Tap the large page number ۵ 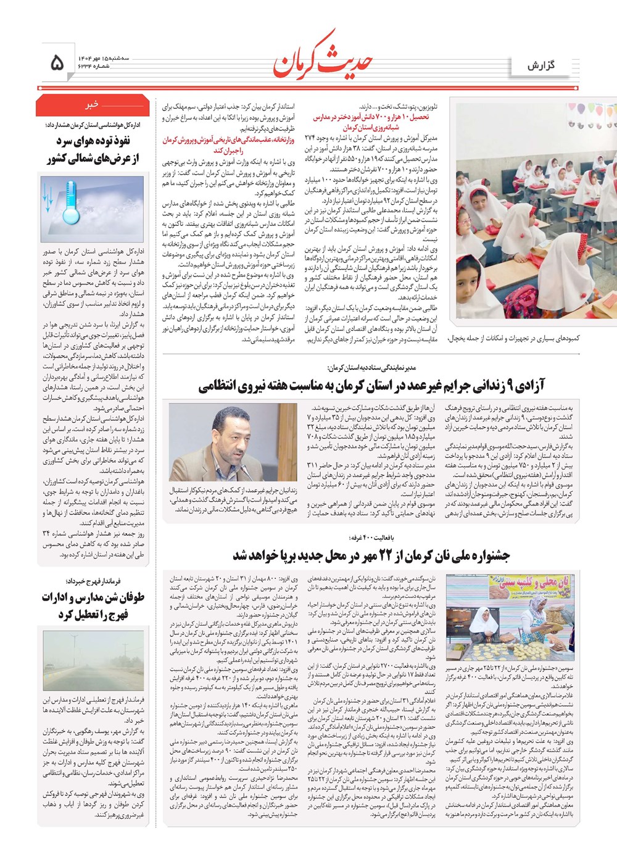pyautogui.click(x=57, y=62)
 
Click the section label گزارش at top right pyautogui.click(x=541, y=65)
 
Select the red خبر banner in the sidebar pyautogui.click(x=91, y=105)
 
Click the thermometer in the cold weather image pyautogui.click(x=70, y=204)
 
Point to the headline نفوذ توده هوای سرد pyautogui.click(x=93, y=149)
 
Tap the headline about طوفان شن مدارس pyautogui.click(x=93, y=606)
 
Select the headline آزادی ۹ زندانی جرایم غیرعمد pyautogui.click(x=371, y=387)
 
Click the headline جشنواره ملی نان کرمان pyautogui.click(x=371, y=555)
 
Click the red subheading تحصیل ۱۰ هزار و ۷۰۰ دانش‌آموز pyautogui.click(x=370, y=121)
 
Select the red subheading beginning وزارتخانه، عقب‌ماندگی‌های pyautogui.click(x=228, y=145)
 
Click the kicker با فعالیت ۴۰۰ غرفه pyautogui.click(x=370, y=538)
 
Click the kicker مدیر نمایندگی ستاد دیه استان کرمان pyautogui.click(x=371, y=368)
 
